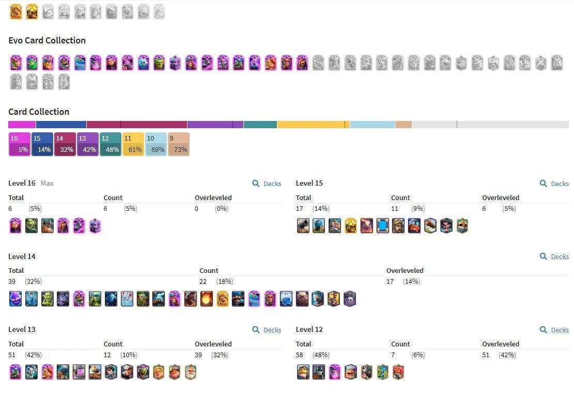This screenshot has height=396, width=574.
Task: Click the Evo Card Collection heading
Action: tap(47, 40)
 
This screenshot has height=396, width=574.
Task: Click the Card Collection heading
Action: tap(39, 112)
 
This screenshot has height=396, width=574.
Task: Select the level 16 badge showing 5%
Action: tap(19, 144)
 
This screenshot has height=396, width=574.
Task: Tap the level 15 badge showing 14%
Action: tap(42, 144)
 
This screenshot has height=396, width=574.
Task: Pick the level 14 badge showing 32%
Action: tap(65, 144)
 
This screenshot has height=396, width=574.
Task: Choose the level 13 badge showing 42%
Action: tap(87, 144)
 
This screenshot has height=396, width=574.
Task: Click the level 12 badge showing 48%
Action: tap(110, 144)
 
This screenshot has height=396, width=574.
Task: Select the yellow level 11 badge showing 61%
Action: tap(133, 144)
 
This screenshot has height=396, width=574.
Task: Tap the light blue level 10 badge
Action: tap(156, 144)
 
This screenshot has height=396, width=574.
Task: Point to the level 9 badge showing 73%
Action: tap(178, 144)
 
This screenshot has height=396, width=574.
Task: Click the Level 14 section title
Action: tap(22, 256)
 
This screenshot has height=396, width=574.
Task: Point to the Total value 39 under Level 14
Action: tap(12, 282)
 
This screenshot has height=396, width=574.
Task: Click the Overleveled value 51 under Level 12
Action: tap(486, 355)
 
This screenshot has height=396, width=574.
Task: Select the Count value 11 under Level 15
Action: tap(395, 209)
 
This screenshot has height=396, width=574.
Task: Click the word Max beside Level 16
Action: tap(47, 184)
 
